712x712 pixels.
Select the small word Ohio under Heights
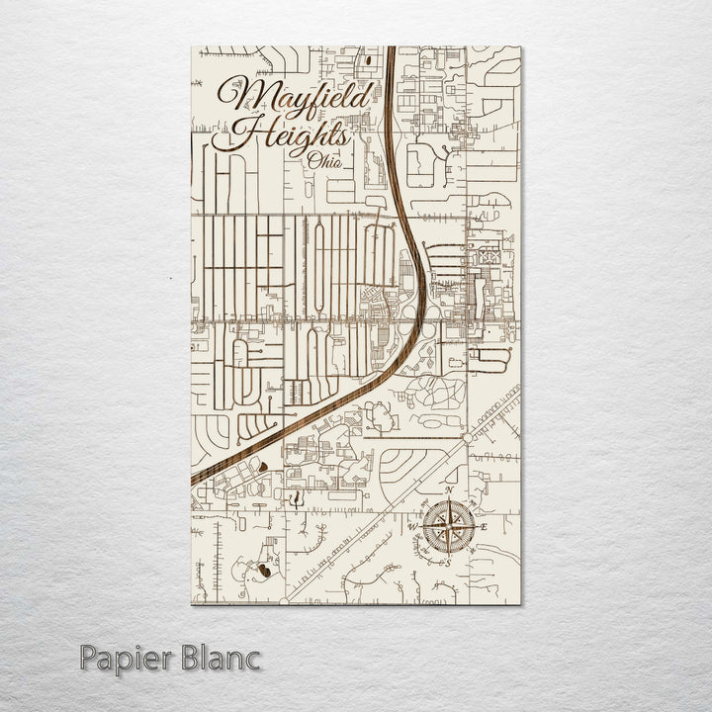pos(325,161)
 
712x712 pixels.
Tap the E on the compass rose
pos(484,528)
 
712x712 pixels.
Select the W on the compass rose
pos(413,527)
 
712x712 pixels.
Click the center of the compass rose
pos(448,527)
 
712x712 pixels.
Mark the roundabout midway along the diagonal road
pos(466,436)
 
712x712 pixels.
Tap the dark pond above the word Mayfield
pos(368,60)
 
